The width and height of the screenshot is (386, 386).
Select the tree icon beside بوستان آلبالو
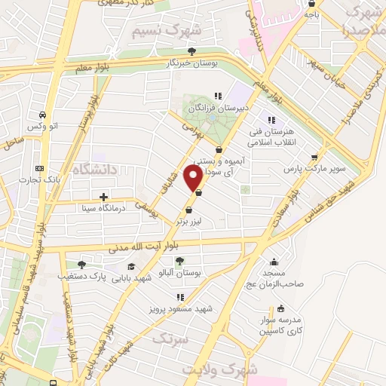coord(179,261)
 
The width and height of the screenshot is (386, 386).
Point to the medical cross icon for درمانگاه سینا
coord(103,198)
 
